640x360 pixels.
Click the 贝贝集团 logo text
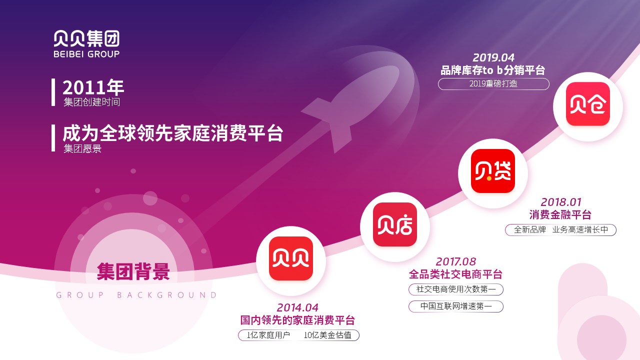[x=86, y=38]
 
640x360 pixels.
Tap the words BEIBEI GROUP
[x=86, y=54]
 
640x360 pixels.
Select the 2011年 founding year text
[x=93, y=87]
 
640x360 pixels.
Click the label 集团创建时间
[x=91, y=102]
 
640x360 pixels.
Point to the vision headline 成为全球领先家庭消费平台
[x=173, y=133]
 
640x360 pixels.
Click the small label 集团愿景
[x=82, y=148]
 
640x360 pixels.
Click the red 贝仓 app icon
[x=587, y=104]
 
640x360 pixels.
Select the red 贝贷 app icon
[x=493, y=171]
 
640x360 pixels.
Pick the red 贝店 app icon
[x=395, y=224]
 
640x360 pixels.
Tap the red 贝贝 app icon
[x=291, y=258]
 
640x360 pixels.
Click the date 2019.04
[x=493, y=57]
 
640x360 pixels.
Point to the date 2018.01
[x=561, y=202]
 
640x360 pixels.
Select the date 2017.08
[x=455, y=261]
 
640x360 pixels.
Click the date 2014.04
[x=297, y=307]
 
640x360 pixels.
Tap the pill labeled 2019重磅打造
[x=493, y=84]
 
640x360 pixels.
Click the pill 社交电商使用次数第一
[x=455, y=289]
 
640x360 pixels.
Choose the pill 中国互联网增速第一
[x=455, y=306]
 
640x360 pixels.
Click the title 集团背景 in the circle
[x=133, y=271]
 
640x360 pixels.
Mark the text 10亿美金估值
[x=327, y=335]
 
